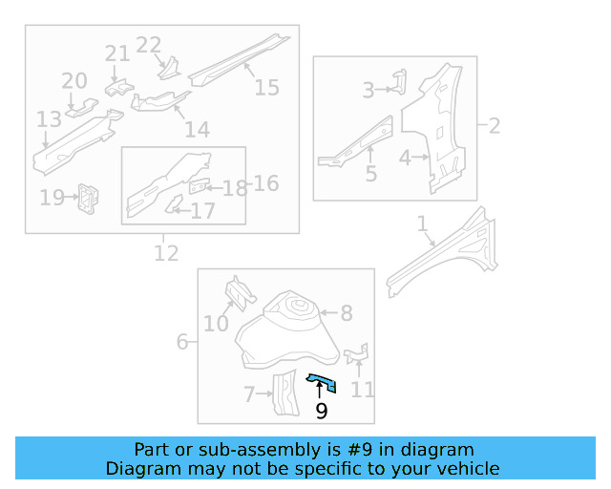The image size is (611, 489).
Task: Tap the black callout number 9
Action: pyautogui.click(x=321, y=411)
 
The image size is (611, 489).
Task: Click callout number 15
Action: pyautogui.click(x=266, y=87)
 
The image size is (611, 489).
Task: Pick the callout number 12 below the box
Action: pyautogui.click(x=165, y=253)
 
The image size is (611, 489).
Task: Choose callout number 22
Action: pyautogui.click(x=149, y=45)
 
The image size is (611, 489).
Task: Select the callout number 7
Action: pyautogui.click(x=249, y=393)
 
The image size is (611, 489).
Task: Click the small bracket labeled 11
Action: pyautogui.click(x=356, y=355)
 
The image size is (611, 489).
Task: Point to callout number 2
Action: pyautogui.click(x=495, y=125)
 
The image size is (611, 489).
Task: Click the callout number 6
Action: pyautogui.click(x=182, y=341)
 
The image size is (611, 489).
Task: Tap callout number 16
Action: pyautogui.click(x=266, y=182)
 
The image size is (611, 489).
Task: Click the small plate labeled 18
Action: pyautogui.click(x=200, y=185)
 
